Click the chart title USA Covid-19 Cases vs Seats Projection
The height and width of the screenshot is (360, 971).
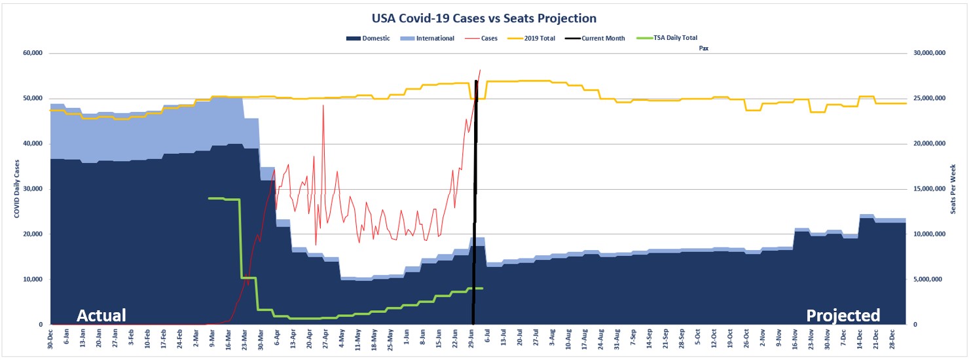click(x=484, y=18)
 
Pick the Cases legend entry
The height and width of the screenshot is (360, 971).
click(x=488, y=39)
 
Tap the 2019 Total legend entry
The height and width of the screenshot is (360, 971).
click(x=540, y=39)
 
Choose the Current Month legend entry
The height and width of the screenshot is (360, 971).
click(x=603, y=39)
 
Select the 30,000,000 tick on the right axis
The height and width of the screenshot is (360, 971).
click(x=930, y=53)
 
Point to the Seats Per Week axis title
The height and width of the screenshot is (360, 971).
click(x=953, y=189)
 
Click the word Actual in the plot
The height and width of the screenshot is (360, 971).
click(x=101, y=315)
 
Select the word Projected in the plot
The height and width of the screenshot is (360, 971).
click(x=843, y=315)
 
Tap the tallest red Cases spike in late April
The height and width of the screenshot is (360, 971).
click(x=323, y=106)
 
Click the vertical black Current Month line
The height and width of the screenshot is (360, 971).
click(x=475, y=196)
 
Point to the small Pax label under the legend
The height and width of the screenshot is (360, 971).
click(x=704, y=48)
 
